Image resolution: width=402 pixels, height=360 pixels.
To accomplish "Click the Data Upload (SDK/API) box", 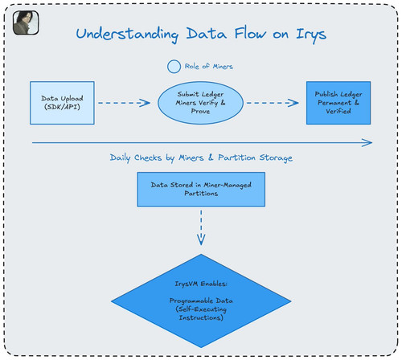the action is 62,103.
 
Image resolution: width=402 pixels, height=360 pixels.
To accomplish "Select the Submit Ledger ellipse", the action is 200,103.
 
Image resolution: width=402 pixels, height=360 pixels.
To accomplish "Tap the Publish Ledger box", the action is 338,103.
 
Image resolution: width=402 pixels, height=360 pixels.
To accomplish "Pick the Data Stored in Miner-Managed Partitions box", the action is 201,190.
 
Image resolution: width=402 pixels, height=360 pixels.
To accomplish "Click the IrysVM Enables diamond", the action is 201,301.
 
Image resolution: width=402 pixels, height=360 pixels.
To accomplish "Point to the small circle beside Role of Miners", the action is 174,67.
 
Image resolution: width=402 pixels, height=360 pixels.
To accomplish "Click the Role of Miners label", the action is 209,67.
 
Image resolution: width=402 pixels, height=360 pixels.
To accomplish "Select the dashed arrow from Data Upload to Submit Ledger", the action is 124,103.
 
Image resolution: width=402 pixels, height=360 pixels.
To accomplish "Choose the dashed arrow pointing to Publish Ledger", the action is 273,103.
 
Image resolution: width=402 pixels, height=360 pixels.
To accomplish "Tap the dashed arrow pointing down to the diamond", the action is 201,227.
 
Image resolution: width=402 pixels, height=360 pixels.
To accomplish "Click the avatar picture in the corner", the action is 26,22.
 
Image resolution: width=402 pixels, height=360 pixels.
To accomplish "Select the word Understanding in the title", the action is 127,35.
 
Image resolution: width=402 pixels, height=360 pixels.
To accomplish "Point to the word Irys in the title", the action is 311,35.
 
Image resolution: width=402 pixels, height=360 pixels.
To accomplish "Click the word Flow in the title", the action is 250,34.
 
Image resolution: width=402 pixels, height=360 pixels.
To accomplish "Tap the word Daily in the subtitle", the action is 120,157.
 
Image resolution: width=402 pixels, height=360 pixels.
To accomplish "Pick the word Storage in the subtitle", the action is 276,158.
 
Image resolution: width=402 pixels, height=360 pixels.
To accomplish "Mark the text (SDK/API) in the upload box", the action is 62,107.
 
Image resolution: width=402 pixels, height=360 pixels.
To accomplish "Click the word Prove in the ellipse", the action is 200,111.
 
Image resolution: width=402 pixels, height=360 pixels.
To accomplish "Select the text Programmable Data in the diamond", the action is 201,301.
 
